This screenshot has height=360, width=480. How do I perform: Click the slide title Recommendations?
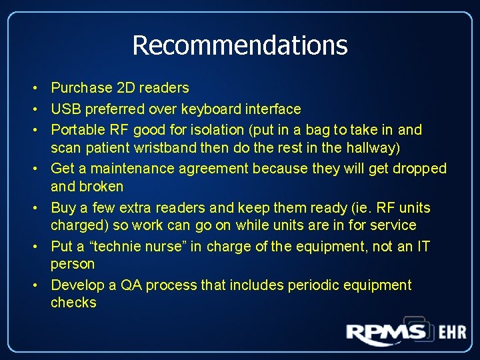tap(240, 45)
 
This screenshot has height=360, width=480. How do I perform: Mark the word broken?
tap(101, 186)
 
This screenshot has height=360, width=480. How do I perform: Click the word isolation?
tap(204, 129)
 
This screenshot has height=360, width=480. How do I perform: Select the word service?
tap(393, 225)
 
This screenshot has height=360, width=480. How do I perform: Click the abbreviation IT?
tap(423, 247)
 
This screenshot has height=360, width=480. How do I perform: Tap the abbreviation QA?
tap(131, 285)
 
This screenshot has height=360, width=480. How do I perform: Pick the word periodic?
tap(313, 285)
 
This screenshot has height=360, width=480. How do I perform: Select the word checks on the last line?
tap(73, 303)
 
